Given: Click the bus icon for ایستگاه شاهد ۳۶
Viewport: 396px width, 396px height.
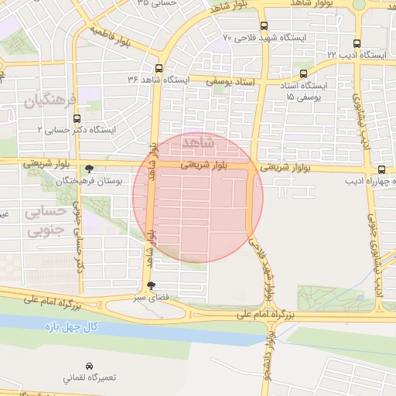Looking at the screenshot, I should tap(159, 68).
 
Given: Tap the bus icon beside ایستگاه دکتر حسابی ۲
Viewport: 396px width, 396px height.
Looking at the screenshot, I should tap(76, 119).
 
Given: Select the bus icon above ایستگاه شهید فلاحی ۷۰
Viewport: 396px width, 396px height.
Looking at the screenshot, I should tap(264, 26).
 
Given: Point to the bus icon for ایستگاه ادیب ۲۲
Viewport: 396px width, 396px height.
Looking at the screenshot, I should tap(357, 44).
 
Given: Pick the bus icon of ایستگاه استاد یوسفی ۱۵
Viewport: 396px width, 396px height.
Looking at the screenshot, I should tap(302, 73).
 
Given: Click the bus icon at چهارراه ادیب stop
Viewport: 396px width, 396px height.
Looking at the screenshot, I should tap(382, 169).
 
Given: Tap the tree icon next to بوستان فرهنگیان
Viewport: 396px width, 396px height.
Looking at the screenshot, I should tap(90, 168).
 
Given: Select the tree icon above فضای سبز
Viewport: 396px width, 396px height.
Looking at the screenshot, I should tap(151, 285).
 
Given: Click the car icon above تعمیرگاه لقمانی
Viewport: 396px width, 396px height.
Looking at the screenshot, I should tap(90, 365).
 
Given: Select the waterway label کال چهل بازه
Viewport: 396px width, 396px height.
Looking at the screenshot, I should tap(71, 327).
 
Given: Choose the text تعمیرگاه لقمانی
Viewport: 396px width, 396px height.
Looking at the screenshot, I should tap(90, 378).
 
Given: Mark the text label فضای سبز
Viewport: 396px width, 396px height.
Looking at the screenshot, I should tap(151, 297).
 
